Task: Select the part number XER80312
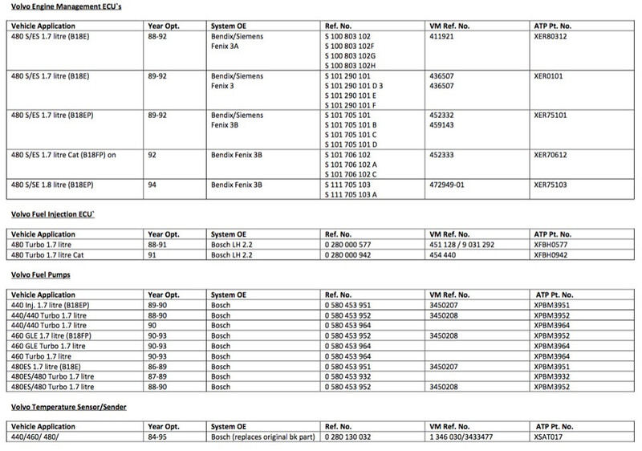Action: (x=552, y=36)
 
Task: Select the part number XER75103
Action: (x=552, y=185)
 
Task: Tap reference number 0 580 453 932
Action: (x=354, y=376)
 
